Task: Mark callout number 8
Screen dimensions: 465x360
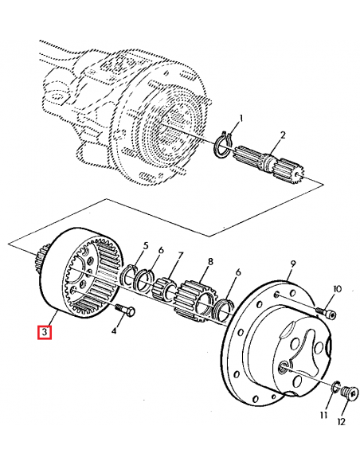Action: (x=210, y=260)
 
